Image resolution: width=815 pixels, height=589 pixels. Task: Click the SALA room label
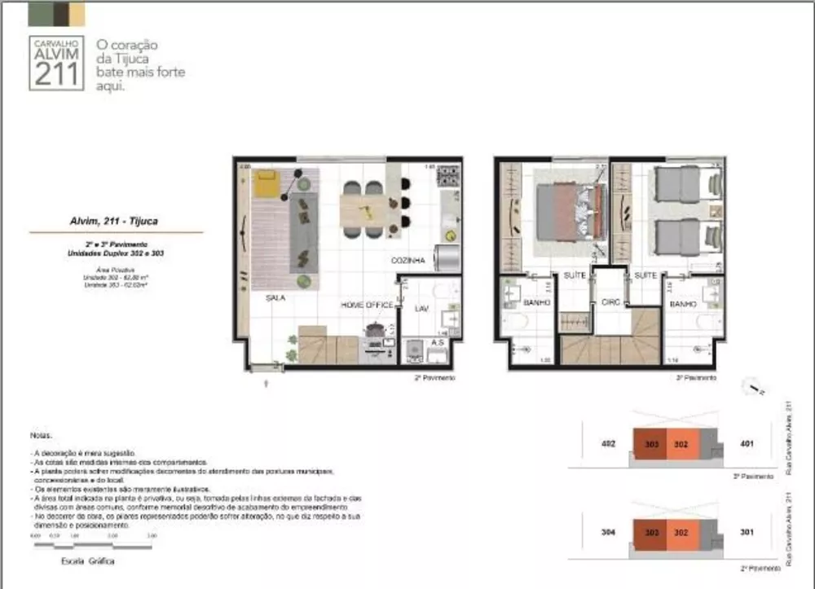tap(274, 298)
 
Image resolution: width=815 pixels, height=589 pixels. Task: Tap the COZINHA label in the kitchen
tap(407, 261)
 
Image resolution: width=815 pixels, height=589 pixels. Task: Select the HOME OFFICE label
tap(367, 305)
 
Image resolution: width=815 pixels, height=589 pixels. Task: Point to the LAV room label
tap(421, 309)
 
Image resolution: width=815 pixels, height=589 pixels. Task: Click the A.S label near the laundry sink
tap(436, 342)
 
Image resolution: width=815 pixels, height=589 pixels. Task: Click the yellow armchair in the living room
tap(266, 184)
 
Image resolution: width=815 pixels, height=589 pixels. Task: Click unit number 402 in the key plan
tap(607, 445)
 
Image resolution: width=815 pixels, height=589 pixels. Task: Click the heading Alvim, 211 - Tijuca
tap(113, 220)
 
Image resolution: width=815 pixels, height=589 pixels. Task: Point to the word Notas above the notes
tap(42, 436)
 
